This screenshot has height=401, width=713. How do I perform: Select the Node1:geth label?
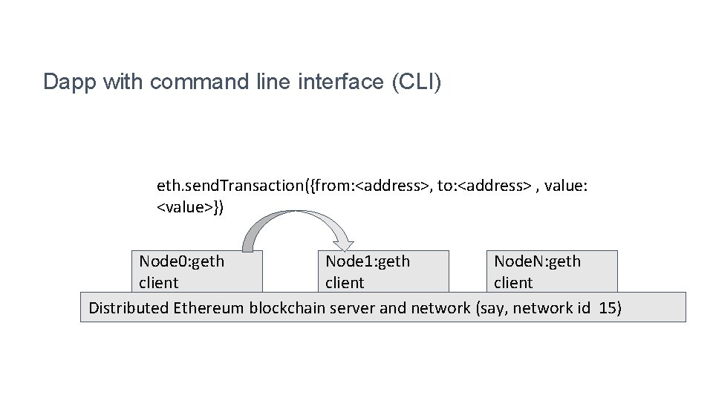(368, 261)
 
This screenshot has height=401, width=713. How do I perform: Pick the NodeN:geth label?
(538, 261)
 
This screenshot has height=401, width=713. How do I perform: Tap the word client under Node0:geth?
(159, 283)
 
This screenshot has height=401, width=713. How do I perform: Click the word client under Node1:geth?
(345, 283)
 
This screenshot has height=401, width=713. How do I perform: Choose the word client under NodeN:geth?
(513, 283)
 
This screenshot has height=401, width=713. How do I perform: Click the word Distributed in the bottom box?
(128, 307)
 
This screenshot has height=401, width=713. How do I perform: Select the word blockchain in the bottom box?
(286, 307)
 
